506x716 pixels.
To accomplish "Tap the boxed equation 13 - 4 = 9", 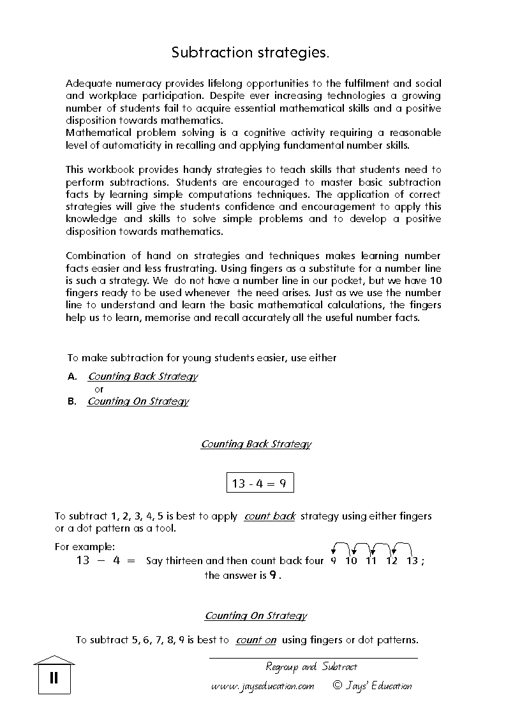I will [x=260, y=483].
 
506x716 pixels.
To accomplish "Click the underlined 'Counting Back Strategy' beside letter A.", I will [x=142, y=377].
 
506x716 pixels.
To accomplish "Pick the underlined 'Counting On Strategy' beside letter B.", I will [x=138, y=401].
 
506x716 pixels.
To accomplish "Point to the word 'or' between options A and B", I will [x=99, y=389].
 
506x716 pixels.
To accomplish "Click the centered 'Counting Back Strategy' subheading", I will [x=256, y=444].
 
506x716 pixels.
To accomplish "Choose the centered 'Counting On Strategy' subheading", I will [x=255, y=616].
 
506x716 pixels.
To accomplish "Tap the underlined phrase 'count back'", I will [x=269, y=516].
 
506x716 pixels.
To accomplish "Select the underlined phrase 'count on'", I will [x=256, y=640].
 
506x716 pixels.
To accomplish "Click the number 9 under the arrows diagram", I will [x=333, y=561].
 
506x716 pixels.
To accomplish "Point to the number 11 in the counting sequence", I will [x=371, y=561].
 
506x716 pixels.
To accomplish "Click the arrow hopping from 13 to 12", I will [x=403, y=546].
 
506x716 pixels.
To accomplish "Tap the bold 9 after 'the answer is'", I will [x=272, y=575].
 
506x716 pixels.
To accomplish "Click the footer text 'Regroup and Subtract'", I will [x=311, y=667].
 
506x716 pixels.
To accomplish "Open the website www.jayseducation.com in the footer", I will [x=263, y=686].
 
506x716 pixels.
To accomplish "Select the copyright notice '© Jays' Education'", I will [x=372, y=686].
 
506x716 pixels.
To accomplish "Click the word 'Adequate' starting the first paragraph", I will [x=87, y=84].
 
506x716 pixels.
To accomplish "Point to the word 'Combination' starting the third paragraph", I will [x=96, y=256].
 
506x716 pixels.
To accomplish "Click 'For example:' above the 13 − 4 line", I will [x=85, y=547].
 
